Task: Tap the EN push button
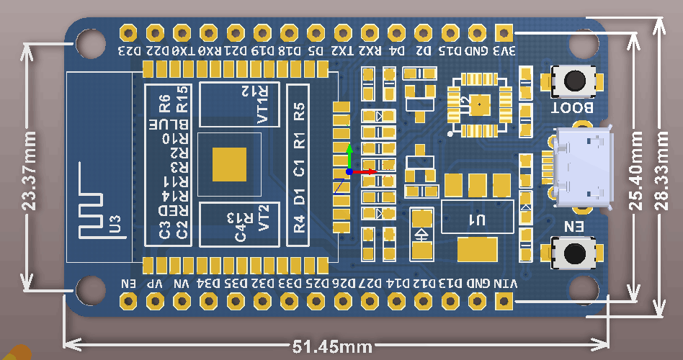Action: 574,253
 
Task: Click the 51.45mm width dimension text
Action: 332,347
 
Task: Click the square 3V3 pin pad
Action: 504,33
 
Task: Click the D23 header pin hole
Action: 129,33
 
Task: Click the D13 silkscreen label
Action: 450,284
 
